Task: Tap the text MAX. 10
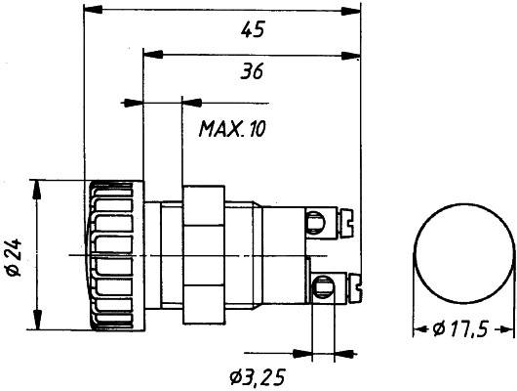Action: point(233,128)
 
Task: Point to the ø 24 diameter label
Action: point(14,256)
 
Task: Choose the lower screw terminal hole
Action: point(320,286)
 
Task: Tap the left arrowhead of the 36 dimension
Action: point(149,55)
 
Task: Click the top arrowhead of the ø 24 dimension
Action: point(37,186)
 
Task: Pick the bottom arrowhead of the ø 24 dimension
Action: point(37,326)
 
